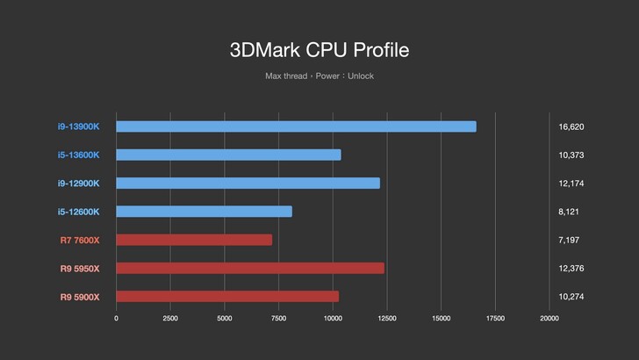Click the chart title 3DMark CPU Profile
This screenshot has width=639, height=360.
pos(319,49)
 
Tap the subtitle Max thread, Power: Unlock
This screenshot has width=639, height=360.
pos(319,76)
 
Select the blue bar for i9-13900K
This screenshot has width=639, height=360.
pos(296,126)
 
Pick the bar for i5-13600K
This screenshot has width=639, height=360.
pos(228,155)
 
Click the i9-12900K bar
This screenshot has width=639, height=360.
pos(248,183)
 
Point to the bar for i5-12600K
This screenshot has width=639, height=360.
pos(204,212)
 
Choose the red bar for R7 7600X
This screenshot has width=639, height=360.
pos(194,240)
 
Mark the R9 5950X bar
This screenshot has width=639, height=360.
pos(250,268)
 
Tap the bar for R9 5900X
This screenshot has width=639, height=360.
pos(227,297)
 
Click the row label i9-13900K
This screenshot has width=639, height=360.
pos(79,126)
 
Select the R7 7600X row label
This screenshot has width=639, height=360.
pos(80,240)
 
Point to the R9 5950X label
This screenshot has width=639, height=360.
pos(80,268)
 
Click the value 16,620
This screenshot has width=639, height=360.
pos(571,126)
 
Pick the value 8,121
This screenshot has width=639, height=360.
pos(569,212)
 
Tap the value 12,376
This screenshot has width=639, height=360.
pos(571,268)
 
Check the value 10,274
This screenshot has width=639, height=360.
pos(571,297)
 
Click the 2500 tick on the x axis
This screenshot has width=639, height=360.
pos(170,319)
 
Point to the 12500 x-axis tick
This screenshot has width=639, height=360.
pos(387,319)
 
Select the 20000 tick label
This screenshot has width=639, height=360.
pos(549,319)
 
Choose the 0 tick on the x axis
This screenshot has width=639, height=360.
pos(116,319)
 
